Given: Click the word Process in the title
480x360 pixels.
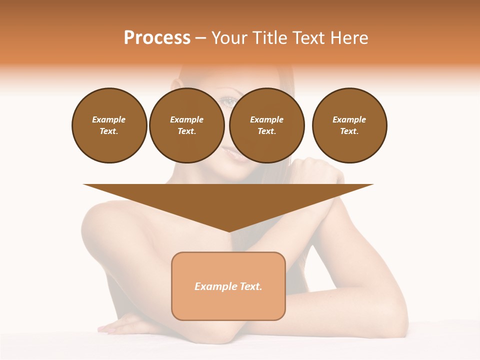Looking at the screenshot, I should click(157, 38).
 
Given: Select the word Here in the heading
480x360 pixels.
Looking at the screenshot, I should click(349, 38).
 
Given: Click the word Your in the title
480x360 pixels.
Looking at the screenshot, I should click(228, 38).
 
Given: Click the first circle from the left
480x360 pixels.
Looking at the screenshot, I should click(109, 125).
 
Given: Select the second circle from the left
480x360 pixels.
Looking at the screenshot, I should click(186, 125).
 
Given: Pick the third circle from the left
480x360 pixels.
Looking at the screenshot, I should click(266, 125).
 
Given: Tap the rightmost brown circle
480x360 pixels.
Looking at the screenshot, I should click(349, 125).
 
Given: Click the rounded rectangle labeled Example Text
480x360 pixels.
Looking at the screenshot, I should click(228, 286).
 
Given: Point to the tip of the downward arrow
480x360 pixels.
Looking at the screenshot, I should click(228, 231).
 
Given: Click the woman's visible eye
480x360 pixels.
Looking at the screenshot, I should click(228, 102).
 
